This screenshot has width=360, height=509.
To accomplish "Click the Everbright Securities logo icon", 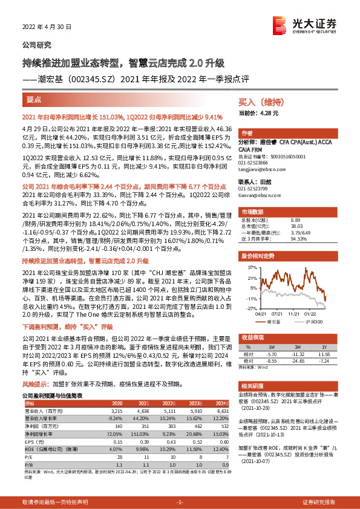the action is click(279, 25).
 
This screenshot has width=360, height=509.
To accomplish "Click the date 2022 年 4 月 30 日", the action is click(42, 27).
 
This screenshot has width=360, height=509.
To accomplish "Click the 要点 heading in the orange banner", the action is click(34, 97).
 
